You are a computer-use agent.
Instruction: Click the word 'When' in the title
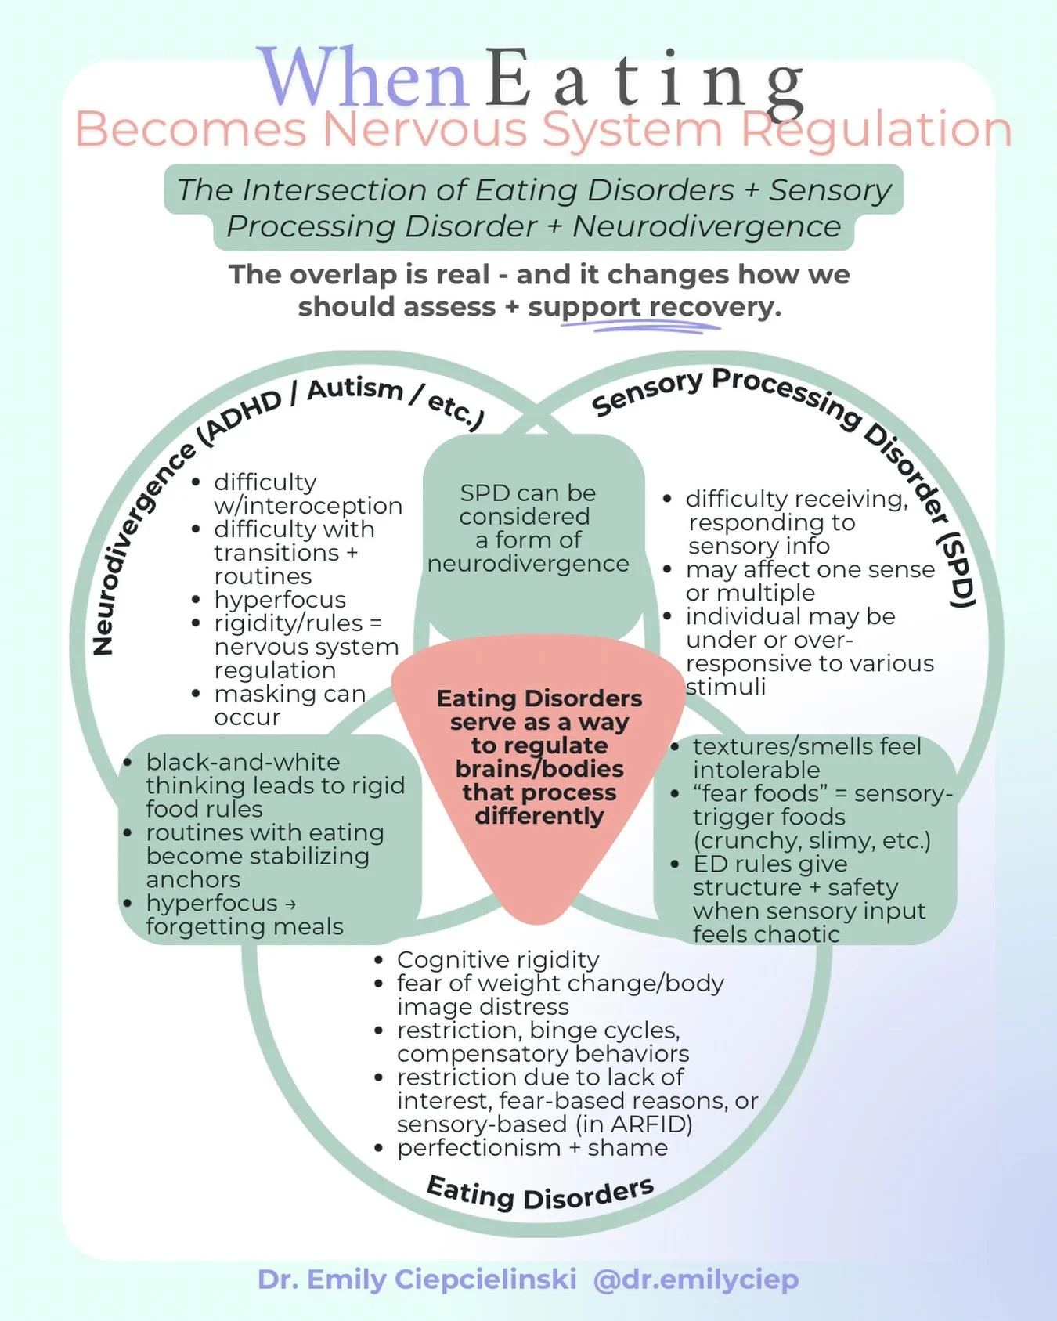(x=363, y=78)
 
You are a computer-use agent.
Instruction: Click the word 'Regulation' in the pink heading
(x=876, y=130)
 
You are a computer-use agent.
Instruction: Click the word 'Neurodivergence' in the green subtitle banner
(x=706, y=227)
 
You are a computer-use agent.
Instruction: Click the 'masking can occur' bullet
(x=289, y=705)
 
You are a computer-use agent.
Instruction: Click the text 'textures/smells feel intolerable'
(x=806, y=757)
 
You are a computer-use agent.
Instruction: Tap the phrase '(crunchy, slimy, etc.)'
(x=811, y=840)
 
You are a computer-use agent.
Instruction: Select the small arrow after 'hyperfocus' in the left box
(x=290, y=904)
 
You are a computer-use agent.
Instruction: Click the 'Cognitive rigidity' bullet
(x=497, y=959)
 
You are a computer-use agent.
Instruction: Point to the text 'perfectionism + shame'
(x=532, y=1147)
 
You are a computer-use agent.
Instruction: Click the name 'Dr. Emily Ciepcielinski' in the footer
(x=417, y=1279)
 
